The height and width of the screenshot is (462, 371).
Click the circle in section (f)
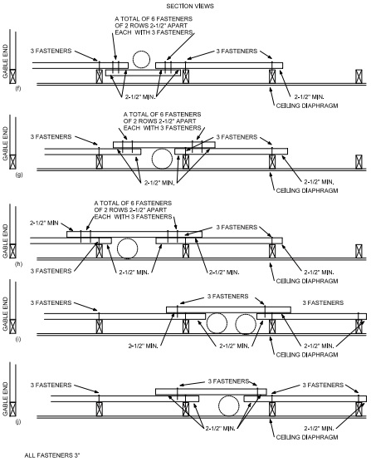[x=142, y=60]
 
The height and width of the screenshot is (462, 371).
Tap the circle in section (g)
[x=163, y=157]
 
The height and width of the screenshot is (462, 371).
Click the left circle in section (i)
[x=217, y=323]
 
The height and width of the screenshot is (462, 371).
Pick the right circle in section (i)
[x=245, y=323]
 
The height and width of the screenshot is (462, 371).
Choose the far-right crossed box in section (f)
[x=359, y=76]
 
